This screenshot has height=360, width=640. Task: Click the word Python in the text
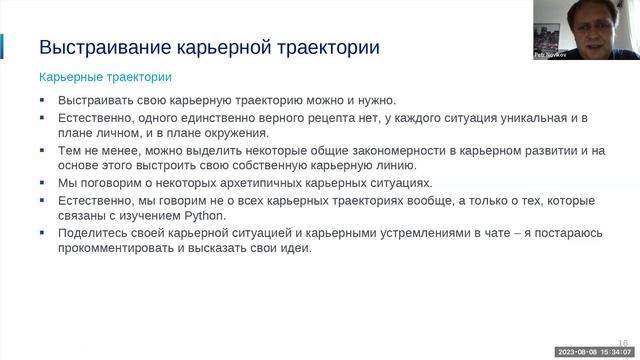tap(207, 216)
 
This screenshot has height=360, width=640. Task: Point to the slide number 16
tap(623, 340)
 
